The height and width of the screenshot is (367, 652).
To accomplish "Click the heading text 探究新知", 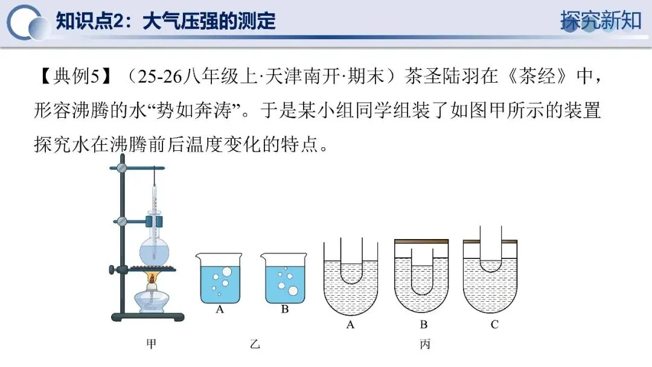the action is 600,20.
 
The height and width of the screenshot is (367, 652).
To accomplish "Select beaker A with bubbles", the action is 220,278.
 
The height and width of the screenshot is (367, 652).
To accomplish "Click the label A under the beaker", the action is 220,310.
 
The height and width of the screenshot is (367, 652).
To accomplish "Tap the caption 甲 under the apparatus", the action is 152,345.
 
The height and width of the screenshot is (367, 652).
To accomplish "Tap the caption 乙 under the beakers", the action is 255,345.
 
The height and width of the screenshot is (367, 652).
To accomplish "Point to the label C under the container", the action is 494,325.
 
